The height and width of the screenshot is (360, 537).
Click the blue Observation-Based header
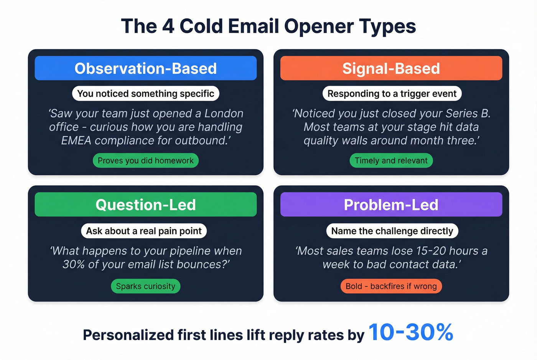click(x=145, y=68)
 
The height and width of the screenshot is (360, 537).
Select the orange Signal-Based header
click(x=391, y=68)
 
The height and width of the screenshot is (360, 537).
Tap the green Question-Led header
click(x=145, y=204)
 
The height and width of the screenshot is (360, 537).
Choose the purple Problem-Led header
click(x=391, y=204)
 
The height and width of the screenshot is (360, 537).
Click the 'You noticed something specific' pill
click(x=145, y=94)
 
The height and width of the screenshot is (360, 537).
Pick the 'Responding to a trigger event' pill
click(x=392, y=94)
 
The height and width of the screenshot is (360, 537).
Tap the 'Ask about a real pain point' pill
click(x=143, y=231)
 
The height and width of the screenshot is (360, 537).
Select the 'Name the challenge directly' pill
click(x=392, y=231)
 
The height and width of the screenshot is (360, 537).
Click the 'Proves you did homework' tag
click(x=145, y=160)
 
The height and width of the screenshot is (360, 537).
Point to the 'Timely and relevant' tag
click(x=391, y=160)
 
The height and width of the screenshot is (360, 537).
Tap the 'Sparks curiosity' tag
click(x=145, y=286)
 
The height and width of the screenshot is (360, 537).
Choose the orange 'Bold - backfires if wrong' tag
click(x=391, y=286)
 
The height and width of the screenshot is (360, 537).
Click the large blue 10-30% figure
click(x=411, y=332)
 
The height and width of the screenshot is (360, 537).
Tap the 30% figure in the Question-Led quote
click(x=73, y=264)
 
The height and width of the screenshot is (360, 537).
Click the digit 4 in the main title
click(x=168, y=26)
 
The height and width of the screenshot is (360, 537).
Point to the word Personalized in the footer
click(x=128, y=335)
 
